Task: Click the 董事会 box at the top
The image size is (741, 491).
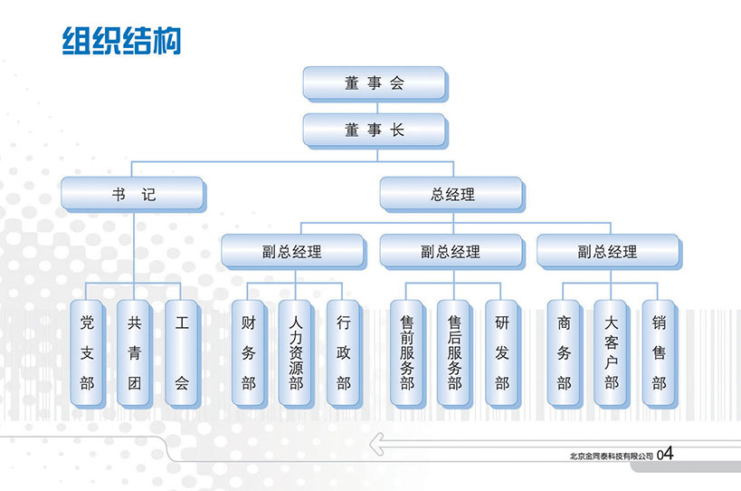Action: coord(374,83)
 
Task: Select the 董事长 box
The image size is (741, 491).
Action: coord(374,130)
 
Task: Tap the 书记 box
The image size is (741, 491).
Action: coord(133,195)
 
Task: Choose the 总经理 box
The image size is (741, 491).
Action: coord(451,195)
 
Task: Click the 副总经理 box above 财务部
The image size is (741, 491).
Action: coord(293,252)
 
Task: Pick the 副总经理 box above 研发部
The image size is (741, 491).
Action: coord(451,252)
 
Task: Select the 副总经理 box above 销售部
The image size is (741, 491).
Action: coord(608,252)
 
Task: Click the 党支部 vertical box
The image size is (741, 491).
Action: coord(87,352)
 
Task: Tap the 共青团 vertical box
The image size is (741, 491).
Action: coord(134,352)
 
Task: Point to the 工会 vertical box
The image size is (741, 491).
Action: coord(182,352)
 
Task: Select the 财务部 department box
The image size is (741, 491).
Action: coord(248,352)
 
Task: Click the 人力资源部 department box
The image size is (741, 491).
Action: coord(296,352)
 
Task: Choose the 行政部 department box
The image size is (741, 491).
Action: coord(344,352)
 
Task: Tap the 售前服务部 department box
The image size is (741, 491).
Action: coord(407,352)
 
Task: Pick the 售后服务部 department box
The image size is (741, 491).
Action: coord(454,352)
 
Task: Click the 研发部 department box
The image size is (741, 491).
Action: coord(502,352)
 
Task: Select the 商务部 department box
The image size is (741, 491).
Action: coord(565,352)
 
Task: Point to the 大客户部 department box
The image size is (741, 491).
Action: coord(612,352)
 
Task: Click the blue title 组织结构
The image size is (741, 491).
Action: coord(121,41)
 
